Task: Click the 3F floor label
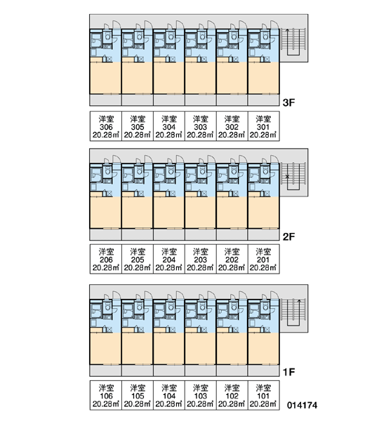[288, 102]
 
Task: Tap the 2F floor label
[288, 237]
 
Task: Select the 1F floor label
[288, 372]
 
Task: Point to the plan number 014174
[302, 405]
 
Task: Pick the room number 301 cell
[263, 126]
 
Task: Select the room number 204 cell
[169, 259]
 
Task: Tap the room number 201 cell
[263, 259]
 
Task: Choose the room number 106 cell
[106, 395]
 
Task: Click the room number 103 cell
[201, 395]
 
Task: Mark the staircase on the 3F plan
[293, 41]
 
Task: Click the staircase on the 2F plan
[293, 176]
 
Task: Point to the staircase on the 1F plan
[293, 312]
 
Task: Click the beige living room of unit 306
[105, 78]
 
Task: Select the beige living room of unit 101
[263, 349]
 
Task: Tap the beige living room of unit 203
[201, 213]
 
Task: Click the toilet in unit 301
[266, 36]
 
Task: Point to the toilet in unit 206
[107, 171]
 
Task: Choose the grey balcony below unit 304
[168, 100]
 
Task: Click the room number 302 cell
[232, 126]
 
